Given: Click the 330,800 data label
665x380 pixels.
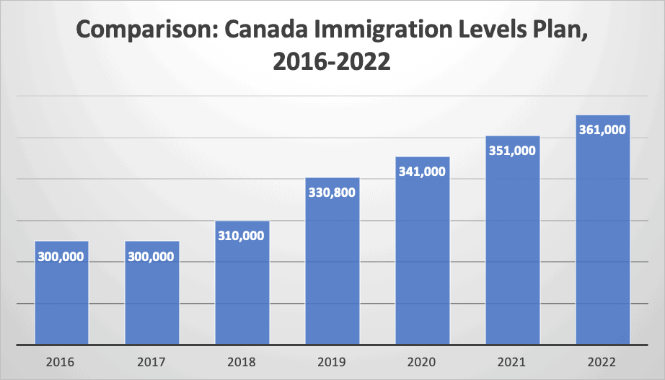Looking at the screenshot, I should coord(332,193).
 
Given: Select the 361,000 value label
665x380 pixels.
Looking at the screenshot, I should coord(603,131).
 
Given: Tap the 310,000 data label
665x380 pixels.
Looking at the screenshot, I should coord(242,236).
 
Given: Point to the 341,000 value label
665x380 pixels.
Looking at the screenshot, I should coord(423,172).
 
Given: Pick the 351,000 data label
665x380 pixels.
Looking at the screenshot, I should coord(513,151).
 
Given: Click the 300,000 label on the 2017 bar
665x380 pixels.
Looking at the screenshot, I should coord(151,257).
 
